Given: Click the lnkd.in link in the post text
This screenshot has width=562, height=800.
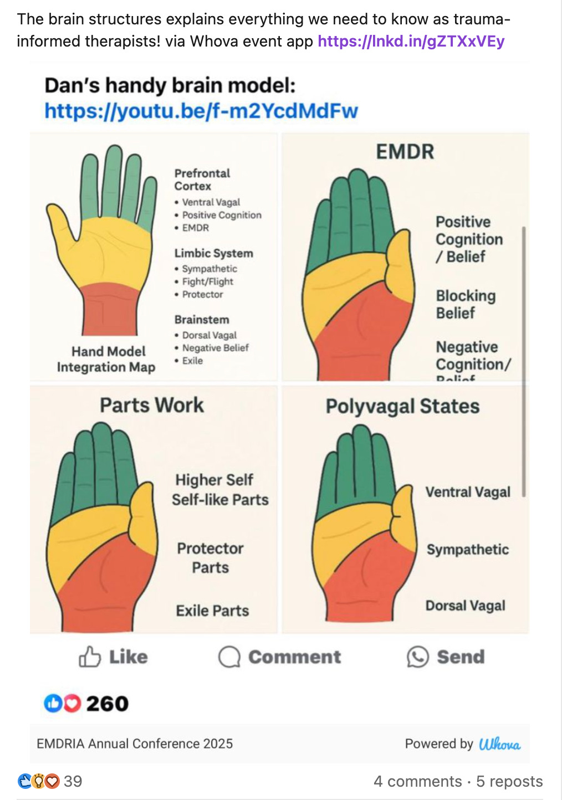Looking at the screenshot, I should (411, 41).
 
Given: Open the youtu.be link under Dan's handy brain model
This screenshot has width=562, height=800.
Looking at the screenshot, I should (201, 111).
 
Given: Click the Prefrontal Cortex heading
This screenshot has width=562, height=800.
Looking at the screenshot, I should (202, 180).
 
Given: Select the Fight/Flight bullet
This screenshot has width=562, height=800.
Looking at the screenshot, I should (207, 281).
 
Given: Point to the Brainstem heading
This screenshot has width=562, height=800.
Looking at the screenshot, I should (201, 320).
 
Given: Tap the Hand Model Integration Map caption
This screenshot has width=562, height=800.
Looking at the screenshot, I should (106, 359).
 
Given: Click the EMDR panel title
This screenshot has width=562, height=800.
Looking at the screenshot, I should (405, 152).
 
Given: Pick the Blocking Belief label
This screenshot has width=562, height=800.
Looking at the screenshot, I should (465, 304).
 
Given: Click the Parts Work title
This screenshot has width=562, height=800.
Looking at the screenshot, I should (152, 405).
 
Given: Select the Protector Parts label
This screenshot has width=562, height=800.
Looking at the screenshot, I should (210, 557).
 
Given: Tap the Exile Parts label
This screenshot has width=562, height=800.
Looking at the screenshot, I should (212, 611).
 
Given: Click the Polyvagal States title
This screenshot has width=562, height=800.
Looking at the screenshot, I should (402, 406).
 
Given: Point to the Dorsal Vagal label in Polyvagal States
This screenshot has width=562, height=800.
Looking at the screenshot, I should (465, 606).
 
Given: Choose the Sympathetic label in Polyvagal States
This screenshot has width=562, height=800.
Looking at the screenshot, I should (467, 550).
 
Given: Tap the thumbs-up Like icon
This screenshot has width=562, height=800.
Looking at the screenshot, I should (90, 657).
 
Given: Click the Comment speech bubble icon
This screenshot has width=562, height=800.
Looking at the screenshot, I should (229, 657).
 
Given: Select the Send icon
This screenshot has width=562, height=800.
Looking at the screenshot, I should (418, 657).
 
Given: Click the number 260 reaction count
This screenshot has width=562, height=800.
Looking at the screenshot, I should (107, 704).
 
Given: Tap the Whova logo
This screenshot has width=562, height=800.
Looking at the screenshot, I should (499, 744).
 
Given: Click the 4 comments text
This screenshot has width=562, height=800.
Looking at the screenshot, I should (417, 781).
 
